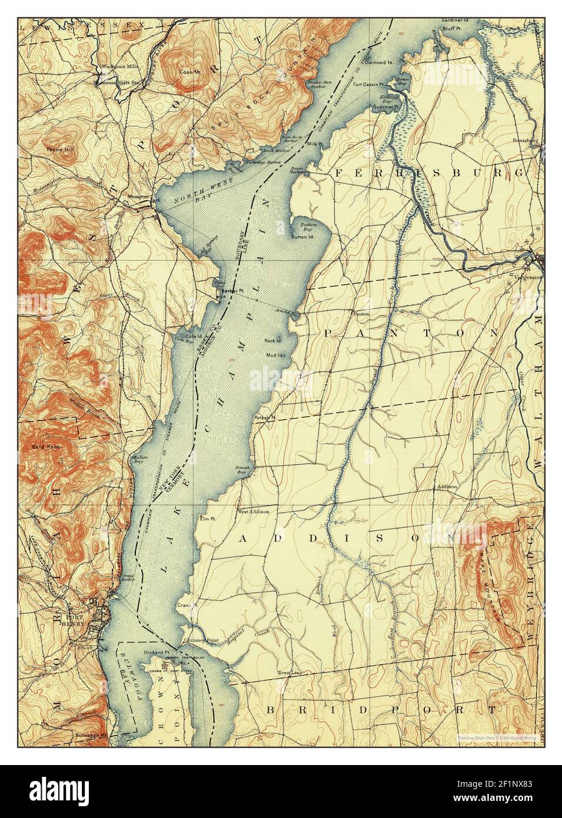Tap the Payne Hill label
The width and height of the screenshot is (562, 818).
[x=61, y=150]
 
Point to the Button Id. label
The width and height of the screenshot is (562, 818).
[x=302, y=237]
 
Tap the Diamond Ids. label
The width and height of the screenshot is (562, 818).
[x=379, y=62]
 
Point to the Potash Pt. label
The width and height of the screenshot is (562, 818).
[x=264, y=418]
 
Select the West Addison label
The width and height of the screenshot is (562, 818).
[x=253, y=511]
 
